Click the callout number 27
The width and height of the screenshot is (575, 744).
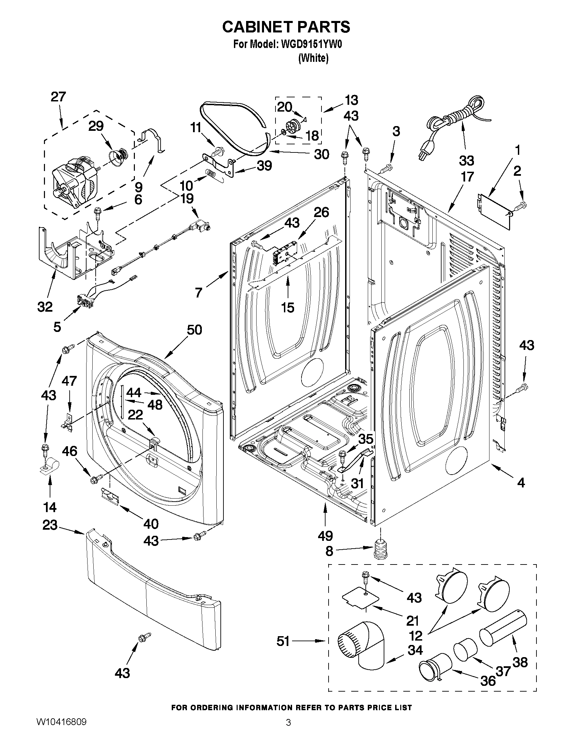pos(58,97)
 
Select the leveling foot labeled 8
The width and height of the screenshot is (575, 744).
pos(381,549)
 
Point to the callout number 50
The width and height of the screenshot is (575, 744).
pos(194,330)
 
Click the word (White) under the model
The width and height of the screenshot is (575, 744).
pos(313,58)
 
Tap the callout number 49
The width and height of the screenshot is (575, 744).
pos(325,536)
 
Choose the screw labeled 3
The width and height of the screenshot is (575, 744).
pos(387,167)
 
